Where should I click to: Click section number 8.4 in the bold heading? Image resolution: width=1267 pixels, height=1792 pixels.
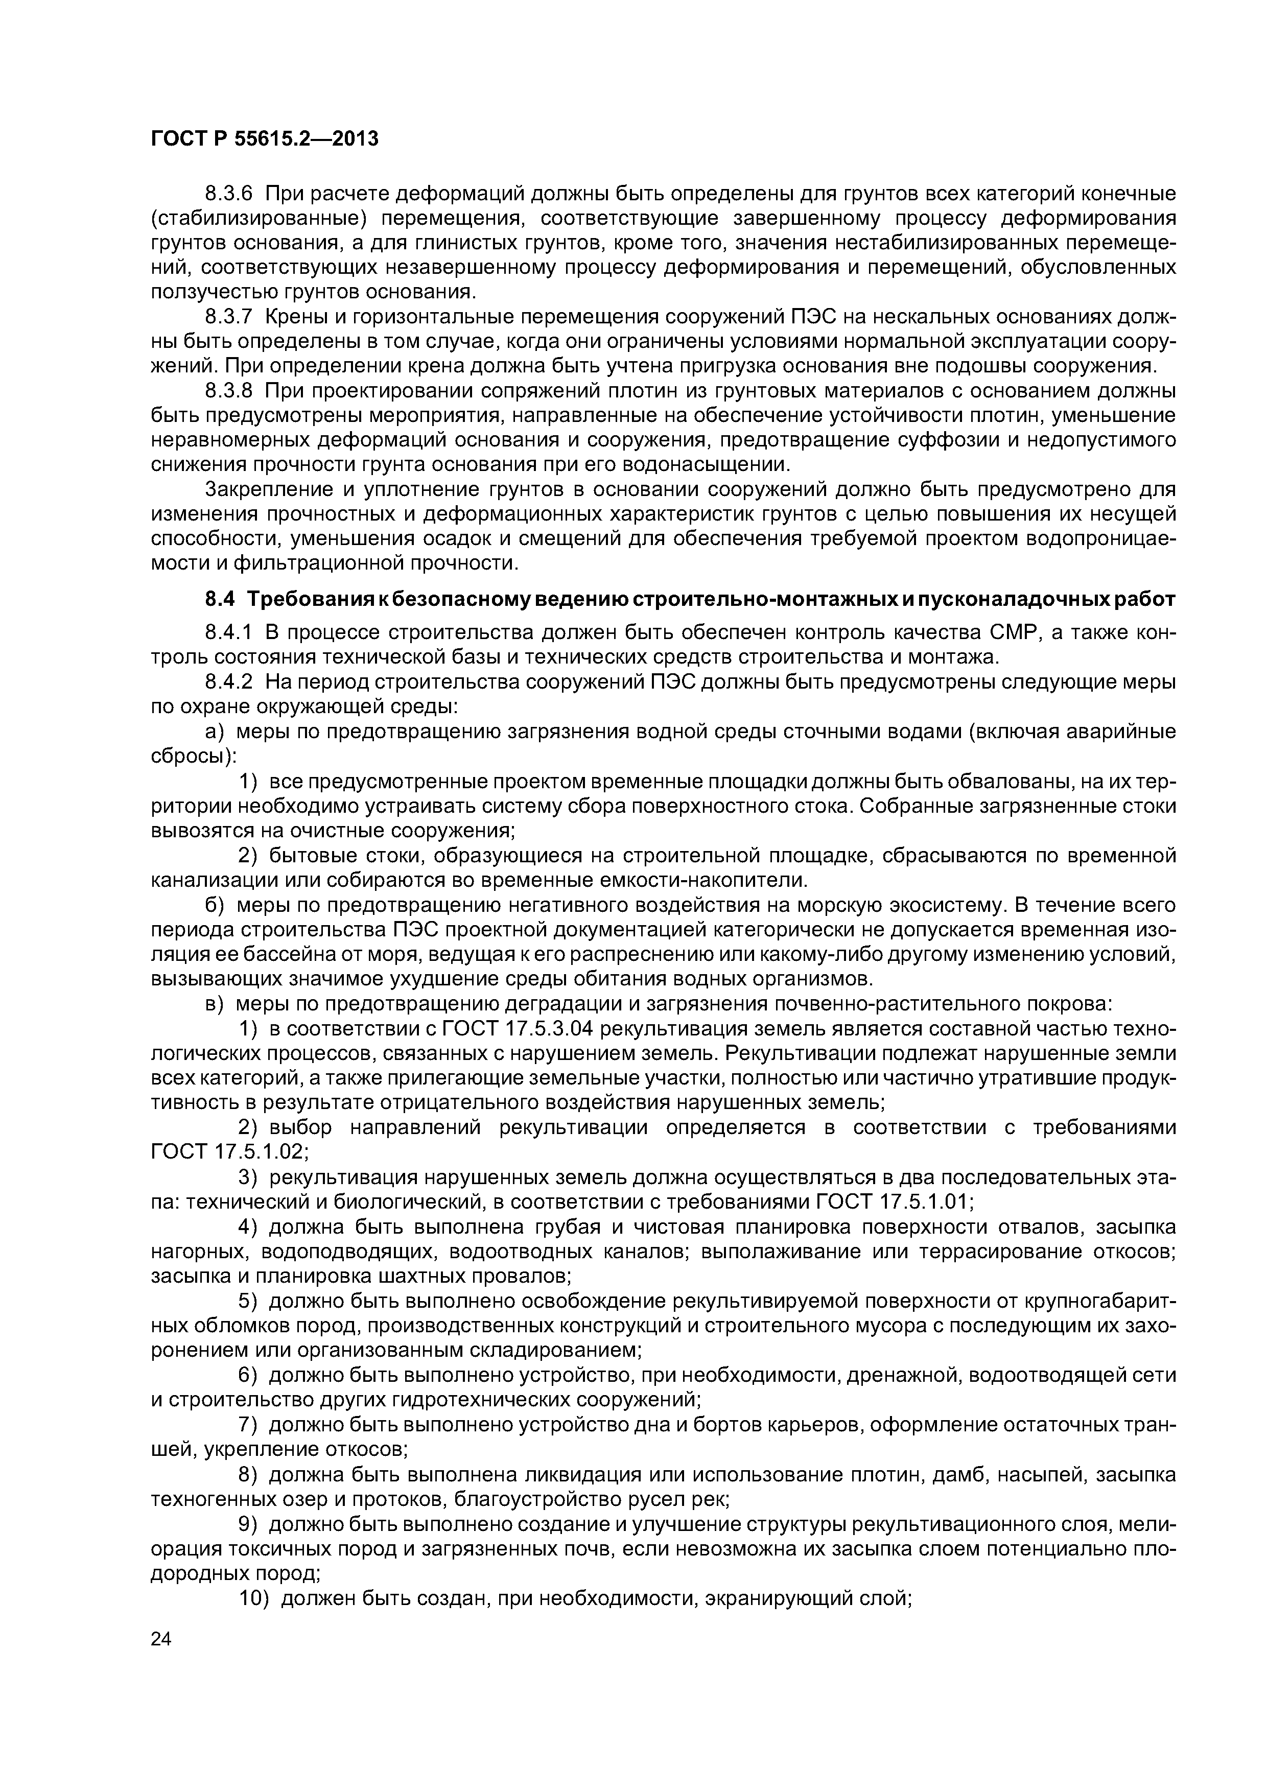[x=219, y=599]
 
